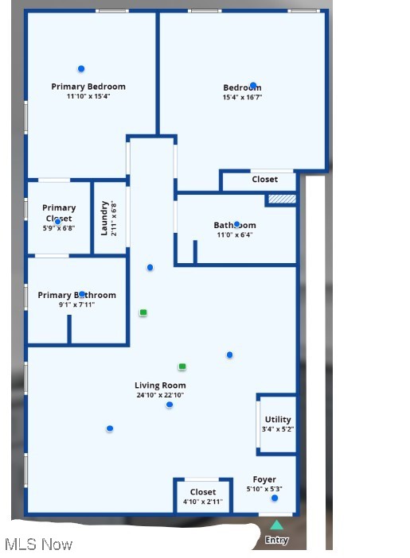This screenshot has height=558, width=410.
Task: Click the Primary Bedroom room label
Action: pos(88,87)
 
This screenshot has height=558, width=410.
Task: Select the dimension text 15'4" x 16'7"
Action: pos(242,98)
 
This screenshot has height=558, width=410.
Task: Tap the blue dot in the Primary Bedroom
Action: pos(81,69)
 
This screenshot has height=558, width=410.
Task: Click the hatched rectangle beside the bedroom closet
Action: pos(282,199)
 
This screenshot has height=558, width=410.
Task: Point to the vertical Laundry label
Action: pos(104,219)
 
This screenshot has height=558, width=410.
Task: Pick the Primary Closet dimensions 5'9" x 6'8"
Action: pos(59,228)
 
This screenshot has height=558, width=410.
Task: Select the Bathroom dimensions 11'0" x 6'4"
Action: pos(235,235)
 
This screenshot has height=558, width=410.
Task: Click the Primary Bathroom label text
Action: pos(76,295)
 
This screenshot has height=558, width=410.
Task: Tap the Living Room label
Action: pos(160,386)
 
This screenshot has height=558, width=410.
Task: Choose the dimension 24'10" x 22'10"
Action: pos(160,395)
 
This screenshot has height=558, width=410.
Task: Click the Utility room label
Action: pos(278,420)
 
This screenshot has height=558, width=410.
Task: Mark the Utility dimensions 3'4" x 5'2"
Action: pos(278,429)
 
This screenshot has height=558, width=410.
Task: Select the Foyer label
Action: pos(264,479)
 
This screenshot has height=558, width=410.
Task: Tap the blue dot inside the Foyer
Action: pos(275,498)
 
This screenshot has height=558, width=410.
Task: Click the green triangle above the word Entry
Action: pos(276,525)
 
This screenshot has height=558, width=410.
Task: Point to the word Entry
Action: pos(276,541)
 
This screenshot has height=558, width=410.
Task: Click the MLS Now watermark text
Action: pos(38,544)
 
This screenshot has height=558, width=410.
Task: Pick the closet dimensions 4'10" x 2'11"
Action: pos(203,502)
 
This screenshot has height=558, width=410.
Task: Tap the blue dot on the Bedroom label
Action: pos(253,86)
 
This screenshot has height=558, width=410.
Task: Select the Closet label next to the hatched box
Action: pos(265,180)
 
